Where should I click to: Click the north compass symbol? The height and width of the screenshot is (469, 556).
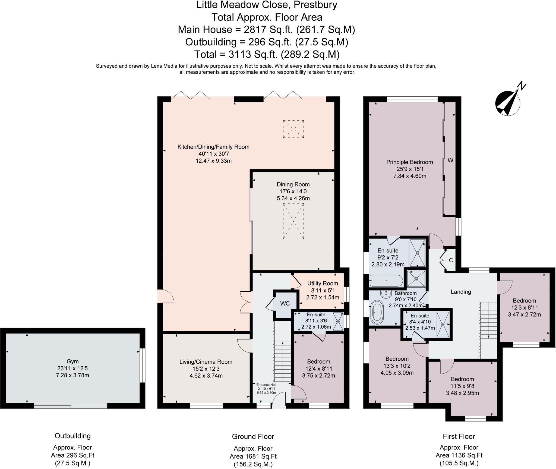pos(508,103)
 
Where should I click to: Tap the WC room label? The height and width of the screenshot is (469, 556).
pos(285,303)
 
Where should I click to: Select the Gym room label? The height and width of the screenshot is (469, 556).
pos(72,361)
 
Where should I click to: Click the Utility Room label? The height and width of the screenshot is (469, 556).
pos(323,283)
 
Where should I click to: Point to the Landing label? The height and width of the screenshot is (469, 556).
pos(461,292)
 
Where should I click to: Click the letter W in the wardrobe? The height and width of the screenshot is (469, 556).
pos(450,160)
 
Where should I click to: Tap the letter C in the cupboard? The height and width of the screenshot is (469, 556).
pos(451,260)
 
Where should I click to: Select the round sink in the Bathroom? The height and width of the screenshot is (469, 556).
pos(386,294)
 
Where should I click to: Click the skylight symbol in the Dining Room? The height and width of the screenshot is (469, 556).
pos(293,221)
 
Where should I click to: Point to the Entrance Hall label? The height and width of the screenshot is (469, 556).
pos(266,385)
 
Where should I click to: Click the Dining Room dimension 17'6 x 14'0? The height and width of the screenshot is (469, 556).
pos(293,191)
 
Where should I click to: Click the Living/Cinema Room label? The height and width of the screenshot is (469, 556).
pos(206,362)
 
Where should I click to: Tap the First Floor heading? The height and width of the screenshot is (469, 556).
pos(459,436)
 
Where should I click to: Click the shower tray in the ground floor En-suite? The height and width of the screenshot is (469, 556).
pos(338,321)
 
